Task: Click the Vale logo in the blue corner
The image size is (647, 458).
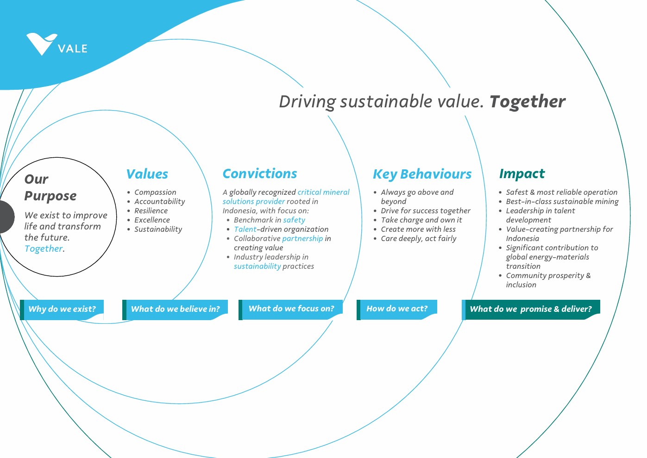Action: pos(57,44)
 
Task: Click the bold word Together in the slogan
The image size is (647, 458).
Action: pos(528,102)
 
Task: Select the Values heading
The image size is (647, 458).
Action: pos(147,174)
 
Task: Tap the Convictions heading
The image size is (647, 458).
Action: pos(260,173)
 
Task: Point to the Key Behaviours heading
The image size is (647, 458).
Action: pos(422,174)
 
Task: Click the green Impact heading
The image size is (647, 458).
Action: pos(522,174)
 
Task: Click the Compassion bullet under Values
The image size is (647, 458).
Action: pos(155,192)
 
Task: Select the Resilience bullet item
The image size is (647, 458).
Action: pos(151,210)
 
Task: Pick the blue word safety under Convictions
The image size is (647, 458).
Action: pos(294,220)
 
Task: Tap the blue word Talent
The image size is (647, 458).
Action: pos(245,229)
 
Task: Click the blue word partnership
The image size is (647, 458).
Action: pos(302,239)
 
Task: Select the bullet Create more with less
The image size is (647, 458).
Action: pos(418,229)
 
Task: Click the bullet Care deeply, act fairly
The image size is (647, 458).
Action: pos(419,239)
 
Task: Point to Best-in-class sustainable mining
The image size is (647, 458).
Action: pos(562,201)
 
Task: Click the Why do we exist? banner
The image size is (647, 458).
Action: pos(62,309)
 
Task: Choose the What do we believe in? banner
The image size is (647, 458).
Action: pos(175,309)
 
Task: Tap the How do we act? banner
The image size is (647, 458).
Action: pos(397,309)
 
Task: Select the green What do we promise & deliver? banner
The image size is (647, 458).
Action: pos(531,309)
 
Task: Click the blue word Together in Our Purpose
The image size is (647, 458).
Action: pos(44,249)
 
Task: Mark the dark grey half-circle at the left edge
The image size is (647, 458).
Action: pos(7,217)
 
